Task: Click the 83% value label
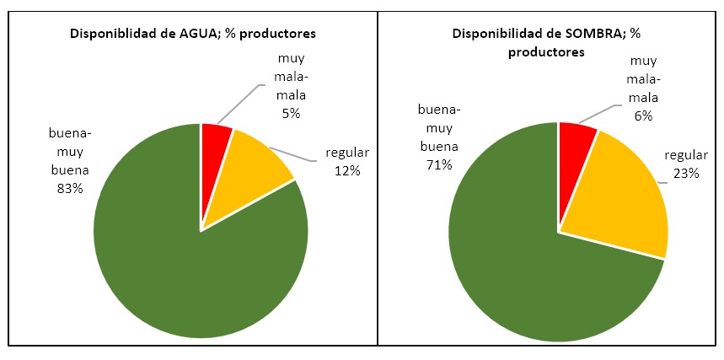(x=70, y=189)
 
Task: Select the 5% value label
(x=291, y=112)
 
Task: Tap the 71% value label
(x=439, y=165)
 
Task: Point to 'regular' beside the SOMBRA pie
(x=684, y=156)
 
